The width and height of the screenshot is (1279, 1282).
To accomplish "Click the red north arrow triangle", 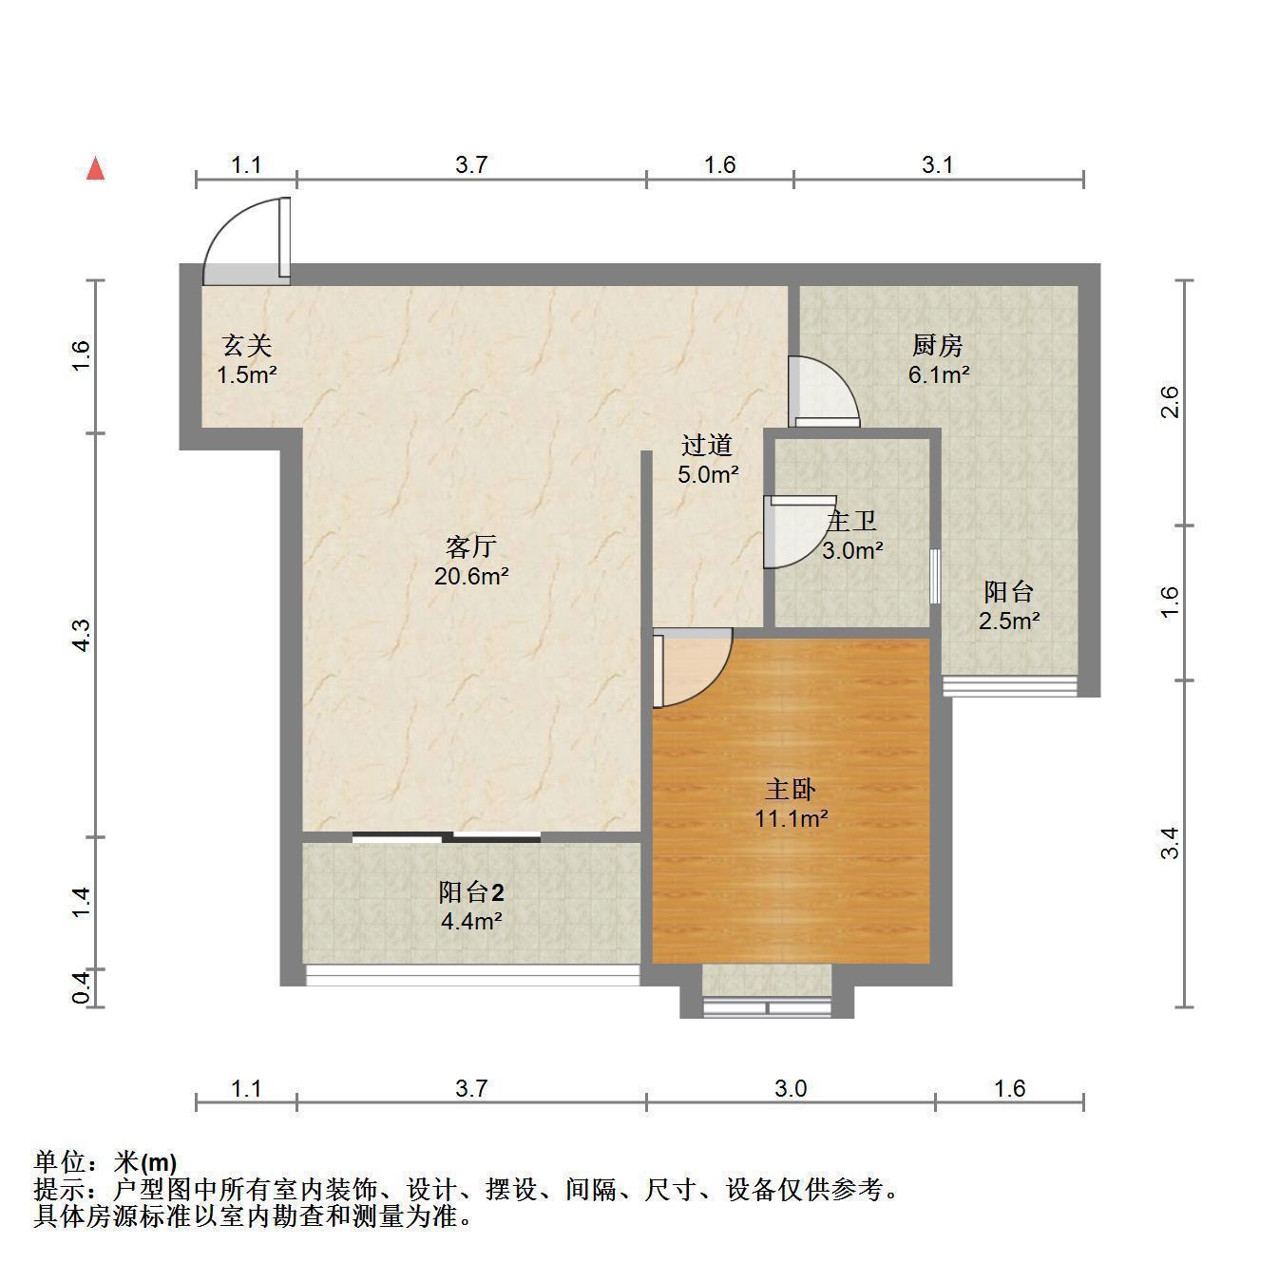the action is pyautogui.click(x=96, y=168).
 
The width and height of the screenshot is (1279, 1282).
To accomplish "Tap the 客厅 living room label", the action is pyautogui.click(x=470, y=546).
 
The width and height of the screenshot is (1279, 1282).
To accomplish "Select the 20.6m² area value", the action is pyautogui.click(x=471, y=576).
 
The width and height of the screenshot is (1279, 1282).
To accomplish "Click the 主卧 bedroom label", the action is pyautogui.click(x=790, y=789).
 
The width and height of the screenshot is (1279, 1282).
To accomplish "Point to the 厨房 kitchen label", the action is pyautogui.click(x=937, y=345).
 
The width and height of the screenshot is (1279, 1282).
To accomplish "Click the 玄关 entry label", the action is pyautogui.click(x=247, y=345).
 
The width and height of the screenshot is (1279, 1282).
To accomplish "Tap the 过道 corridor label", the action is pyautogui.click(x=707, y=445).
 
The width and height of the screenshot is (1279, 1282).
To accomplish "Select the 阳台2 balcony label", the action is pyautogui.click(x=471, y=891).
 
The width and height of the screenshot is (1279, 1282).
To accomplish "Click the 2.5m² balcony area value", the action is pyautogui.click(x=1009, y=621).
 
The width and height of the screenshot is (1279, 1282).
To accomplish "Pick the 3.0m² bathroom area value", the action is pyautogui.click(x=852, y=550).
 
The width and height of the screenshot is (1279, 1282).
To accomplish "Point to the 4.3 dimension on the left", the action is pyautogui.click(x=81, y=636).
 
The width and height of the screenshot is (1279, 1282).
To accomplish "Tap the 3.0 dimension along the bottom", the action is pyautogui.click(x=791, y=1088).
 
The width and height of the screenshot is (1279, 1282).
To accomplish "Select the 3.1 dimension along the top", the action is pyautogui.click(x=937, y=164).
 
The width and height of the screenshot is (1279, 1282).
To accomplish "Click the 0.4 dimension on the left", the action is pyautogui.click(x=81, y=988).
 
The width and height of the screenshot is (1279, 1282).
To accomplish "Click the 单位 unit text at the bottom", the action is pyautogui.click(x=59, y=1162).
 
